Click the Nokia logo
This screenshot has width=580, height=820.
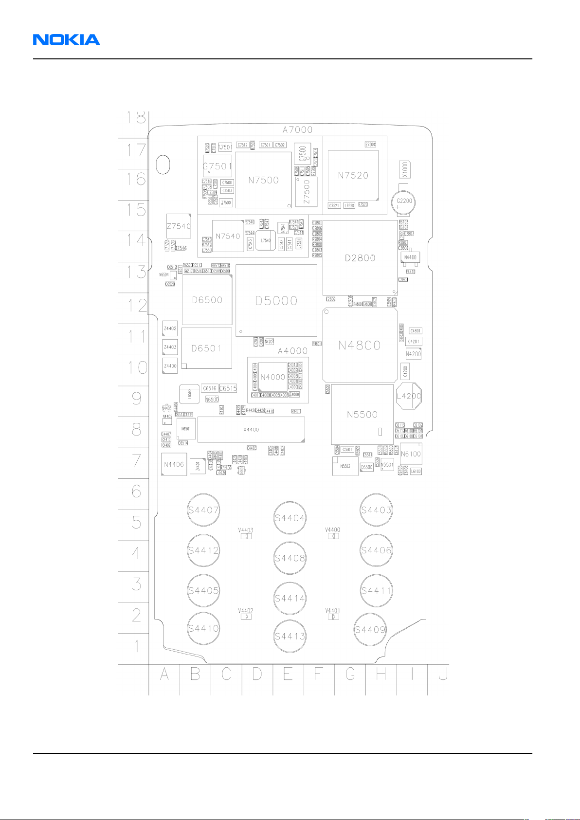click(x=67, y=40)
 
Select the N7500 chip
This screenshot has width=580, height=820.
click(x=263, y=180)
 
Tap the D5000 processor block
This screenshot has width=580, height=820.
click(x=276, y=301)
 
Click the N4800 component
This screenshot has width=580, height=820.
click(x=360, y=345)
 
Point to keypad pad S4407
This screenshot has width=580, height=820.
click(x=203, y=510)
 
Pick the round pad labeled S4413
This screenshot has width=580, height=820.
click(x=290, y=636)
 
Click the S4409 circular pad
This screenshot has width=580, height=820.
click(x=370, y=630)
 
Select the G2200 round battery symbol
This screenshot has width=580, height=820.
click(x=404, y=201)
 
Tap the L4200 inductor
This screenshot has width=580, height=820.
click(x=409, y=396)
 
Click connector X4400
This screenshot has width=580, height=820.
click(x=251, y=430)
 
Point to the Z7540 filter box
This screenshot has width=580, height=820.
click(x=179, y=226)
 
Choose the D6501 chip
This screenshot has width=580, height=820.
click(x=206, y=348)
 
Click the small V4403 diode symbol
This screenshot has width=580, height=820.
click(x=246, y=536)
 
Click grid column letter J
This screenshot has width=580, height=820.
click(x=443, y=675)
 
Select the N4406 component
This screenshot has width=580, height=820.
click(x=174, y=464)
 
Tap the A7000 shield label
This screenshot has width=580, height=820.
click(x=297, y=129)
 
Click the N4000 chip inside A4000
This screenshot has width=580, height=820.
click(x=272, y=377)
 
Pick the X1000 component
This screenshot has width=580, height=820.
click(x=405, y=169)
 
